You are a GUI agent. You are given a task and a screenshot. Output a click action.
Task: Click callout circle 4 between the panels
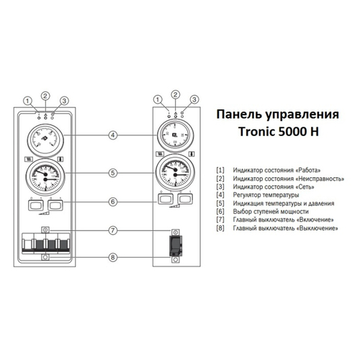114,135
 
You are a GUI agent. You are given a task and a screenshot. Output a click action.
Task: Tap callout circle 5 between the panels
114,172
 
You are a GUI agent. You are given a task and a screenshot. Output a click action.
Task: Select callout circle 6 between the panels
114,202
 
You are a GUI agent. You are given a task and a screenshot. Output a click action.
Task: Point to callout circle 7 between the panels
114,231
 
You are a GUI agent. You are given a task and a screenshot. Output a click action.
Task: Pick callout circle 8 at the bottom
114,257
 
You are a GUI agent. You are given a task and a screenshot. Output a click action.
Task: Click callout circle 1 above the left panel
28,101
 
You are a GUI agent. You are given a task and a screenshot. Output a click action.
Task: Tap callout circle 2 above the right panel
174,94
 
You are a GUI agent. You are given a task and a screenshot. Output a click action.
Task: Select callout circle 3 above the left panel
64,101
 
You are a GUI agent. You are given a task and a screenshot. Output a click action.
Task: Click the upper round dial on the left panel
46,136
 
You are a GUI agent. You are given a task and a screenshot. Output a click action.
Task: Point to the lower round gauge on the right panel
174,172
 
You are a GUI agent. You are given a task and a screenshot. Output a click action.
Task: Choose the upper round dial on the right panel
174,135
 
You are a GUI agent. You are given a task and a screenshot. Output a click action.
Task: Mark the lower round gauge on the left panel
46,174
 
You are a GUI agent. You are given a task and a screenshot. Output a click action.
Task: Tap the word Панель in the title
234,115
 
